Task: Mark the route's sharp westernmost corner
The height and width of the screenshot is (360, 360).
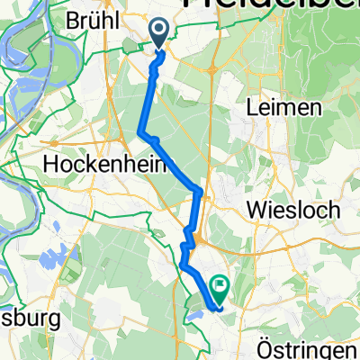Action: pos(140,134)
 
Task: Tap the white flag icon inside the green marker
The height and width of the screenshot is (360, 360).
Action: pos(220,287)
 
